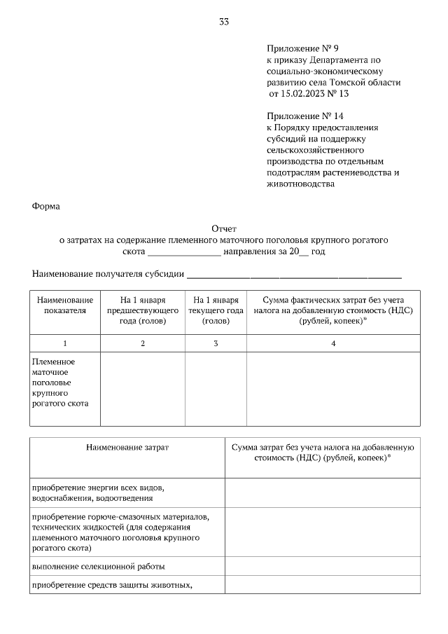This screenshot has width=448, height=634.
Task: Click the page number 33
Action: pos(224,22)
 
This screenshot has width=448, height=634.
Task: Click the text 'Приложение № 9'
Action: pos(302,48)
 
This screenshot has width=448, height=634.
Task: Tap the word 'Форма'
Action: pos(47,206)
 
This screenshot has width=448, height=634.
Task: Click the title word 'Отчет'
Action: pos(225,228)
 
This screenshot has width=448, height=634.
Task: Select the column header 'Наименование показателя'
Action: pos(65,305)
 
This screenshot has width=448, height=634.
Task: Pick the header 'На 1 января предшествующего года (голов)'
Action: pos(143,310)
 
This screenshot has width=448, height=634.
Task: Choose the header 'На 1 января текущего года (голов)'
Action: pos(216,310)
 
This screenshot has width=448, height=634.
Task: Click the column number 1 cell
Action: pos(65,343)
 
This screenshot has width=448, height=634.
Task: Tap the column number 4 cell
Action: pos(333,343)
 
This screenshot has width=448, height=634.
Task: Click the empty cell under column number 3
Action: pos(216,389)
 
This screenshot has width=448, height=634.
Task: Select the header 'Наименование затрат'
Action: pos(127,446)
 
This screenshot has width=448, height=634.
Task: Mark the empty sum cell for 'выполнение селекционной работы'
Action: pos(323,565)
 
